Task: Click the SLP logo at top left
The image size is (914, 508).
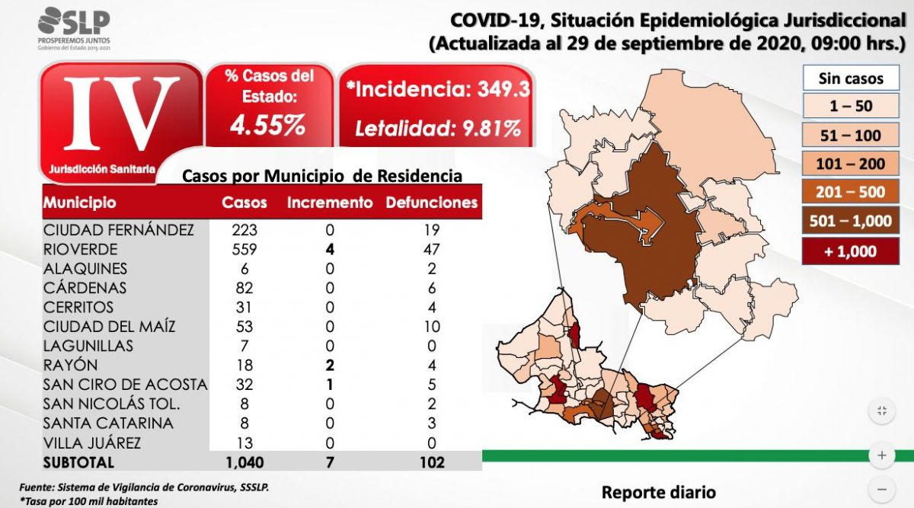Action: click(x=73, y=26)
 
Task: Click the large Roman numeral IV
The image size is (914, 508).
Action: click(x=122, y=113)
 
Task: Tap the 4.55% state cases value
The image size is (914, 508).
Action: click(x=268, y=125)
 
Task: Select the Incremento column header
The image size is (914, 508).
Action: click(x=330, y=203)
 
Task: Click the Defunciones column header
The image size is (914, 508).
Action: click(x=432, y=203)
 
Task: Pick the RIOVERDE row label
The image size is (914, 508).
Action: click(x=80, y=249)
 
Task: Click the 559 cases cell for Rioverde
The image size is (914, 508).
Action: click(x=244, y=249)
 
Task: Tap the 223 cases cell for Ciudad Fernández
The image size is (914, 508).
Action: click(x=244, y=230)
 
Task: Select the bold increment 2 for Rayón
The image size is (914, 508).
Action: click(x=330, y=366)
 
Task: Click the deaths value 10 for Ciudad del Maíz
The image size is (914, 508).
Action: click(x=432, y=327)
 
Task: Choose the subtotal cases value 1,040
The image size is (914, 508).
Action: click(x=244, y=462)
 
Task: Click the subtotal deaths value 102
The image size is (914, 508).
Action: click(x=432, y=462)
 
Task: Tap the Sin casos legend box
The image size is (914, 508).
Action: click(x=851, y=78)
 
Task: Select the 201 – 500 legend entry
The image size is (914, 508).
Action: click(x=851, y=193)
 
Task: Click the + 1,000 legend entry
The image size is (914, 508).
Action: click(x=851, y=251)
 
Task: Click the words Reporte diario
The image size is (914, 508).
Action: click(x=658, y=492)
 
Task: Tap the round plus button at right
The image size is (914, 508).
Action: click(x=881, y=455)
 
